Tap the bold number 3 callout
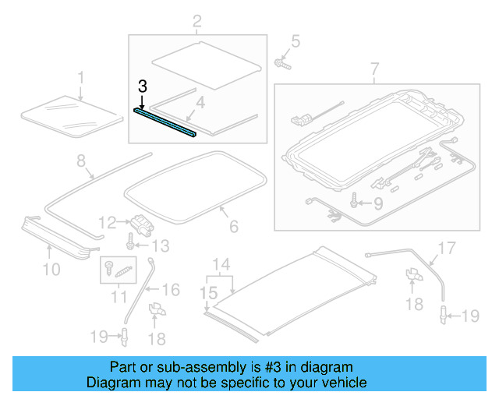coord(142,87)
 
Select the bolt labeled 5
coord(281,62)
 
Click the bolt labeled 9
coord(355,204)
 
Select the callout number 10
coord(51,270)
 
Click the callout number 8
coord(80,162)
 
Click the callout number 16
coord(171,290)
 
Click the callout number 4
coord(200,102)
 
